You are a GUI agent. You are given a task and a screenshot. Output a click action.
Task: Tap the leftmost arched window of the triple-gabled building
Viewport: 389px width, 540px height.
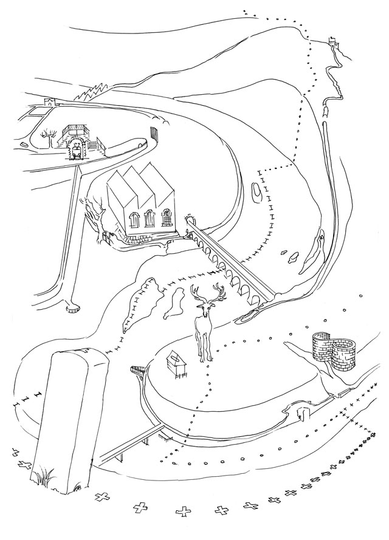coord(133,220)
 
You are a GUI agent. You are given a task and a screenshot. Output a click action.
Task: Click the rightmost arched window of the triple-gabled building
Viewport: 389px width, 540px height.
coord(166,217)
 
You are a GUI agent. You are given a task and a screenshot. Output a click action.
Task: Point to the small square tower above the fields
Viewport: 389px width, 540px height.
coord(50,101)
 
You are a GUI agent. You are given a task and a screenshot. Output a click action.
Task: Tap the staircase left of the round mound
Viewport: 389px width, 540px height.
coord(163,435)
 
